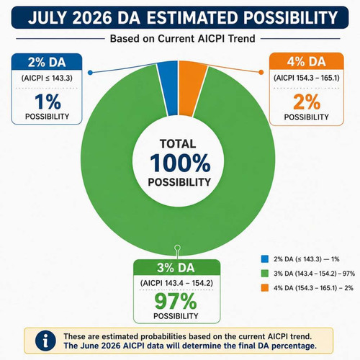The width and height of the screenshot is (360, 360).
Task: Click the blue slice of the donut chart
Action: click(x=168, y=88)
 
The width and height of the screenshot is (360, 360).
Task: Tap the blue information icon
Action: click(x=45, y=341)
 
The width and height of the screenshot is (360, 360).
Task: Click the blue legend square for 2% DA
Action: click(x=264, y=259)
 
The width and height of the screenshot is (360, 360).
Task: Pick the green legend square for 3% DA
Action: click(x=264, y=274)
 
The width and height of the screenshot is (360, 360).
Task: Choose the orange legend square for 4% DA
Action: click(x=264, y=288)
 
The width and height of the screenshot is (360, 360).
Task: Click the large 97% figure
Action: click(x=176, y=302)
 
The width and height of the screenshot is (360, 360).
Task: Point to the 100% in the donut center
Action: click(x=180, y=163)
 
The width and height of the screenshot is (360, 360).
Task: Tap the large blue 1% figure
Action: click(x=48, y=102)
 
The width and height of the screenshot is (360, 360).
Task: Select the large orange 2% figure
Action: click(x=307, y=102)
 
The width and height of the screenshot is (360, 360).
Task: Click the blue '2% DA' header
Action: click(x=47, y=62)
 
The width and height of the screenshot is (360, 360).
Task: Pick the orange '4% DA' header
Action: click(x=307, y=61)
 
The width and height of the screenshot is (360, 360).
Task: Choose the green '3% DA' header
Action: click(x=176, y=268)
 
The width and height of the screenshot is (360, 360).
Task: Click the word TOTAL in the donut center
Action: click(x=178, y=144)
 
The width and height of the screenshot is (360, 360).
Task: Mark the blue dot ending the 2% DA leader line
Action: click(x=90, y=73)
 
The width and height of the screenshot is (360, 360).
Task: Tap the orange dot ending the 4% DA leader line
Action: click(x=261, y=72)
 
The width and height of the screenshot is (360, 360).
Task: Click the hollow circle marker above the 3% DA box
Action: click(x=178, y=248)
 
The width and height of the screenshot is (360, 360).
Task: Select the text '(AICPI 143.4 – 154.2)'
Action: click(x=176, y=283)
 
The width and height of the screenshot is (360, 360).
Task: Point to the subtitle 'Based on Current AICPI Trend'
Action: click(x=182, y=39)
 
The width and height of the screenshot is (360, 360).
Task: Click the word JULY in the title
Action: click(x=48, y=18)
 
